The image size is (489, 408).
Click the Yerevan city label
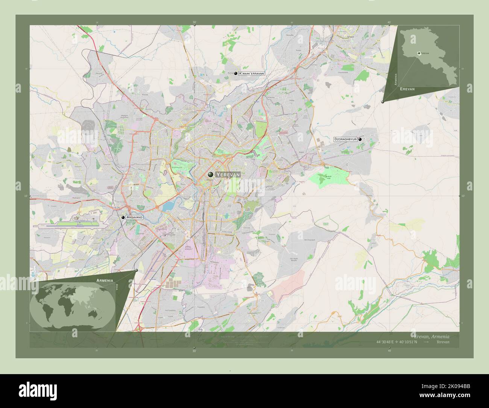(x=227, y=175)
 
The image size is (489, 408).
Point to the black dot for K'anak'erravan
(x=235, y=74)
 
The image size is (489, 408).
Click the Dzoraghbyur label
(x=345, y=139)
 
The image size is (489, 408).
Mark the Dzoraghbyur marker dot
(x=360, y=139)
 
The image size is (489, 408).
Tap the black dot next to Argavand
(x=123, y=218)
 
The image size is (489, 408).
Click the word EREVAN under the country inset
(x=407, y=89)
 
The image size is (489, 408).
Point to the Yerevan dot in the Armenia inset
(x=418, y=53)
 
